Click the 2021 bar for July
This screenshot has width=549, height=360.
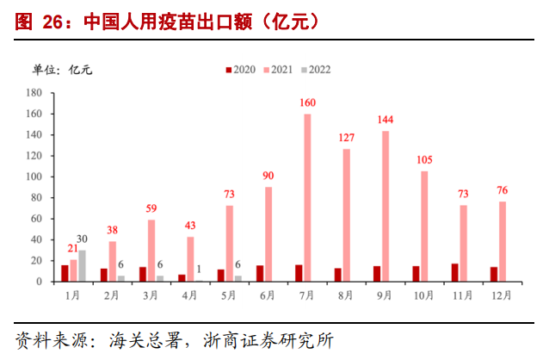point(307,198)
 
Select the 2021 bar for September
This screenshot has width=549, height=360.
point(386,206)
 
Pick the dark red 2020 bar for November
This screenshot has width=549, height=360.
point(455,272)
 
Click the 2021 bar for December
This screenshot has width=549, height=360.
point(503,242)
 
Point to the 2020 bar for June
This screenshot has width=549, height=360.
point(260,273)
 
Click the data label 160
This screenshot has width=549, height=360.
point(307,103)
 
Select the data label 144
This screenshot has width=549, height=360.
point(386,120)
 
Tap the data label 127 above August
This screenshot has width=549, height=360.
point(347,138)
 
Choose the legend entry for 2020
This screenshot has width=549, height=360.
point(243,70)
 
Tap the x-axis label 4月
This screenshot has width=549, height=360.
point(189,295)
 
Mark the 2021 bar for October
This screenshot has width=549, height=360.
point(424,227)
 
